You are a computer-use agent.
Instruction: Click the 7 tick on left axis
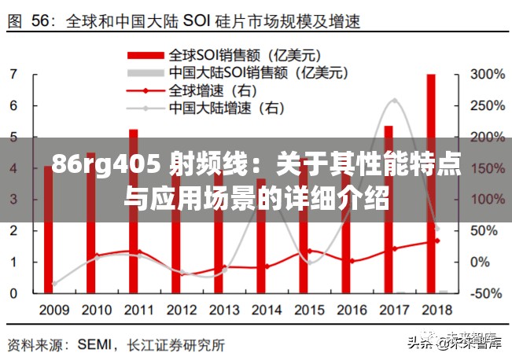click(14, 75)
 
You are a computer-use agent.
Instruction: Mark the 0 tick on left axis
click(14, 293)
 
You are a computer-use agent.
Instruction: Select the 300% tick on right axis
click(487, 75)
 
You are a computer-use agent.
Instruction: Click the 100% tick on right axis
click(487, 200)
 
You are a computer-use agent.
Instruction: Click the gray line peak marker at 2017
click(394, 101)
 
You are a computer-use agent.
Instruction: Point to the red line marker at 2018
click(437, 241)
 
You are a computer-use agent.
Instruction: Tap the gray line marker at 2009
click(54, 284)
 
